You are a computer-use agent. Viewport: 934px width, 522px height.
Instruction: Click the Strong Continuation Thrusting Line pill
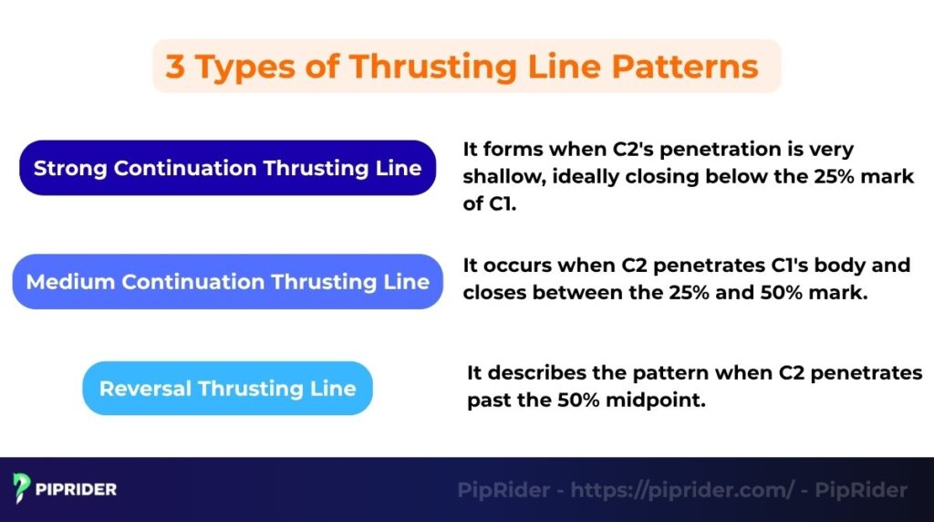click(x=227, y=168)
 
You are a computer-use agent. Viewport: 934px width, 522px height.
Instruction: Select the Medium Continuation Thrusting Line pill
click(x=227, y=281)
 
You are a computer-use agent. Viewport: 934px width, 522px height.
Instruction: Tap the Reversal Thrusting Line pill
click(x=227, y=388)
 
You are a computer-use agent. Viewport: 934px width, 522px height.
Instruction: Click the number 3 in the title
click(x=174, y=67)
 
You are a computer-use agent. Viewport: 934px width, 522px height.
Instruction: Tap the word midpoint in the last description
click(x=664, y=400)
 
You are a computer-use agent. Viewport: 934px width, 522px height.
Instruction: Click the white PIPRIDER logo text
click(x=78, y=489)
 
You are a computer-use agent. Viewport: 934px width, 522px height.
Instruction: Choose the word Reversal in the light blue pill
click(x=145, y=388)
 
